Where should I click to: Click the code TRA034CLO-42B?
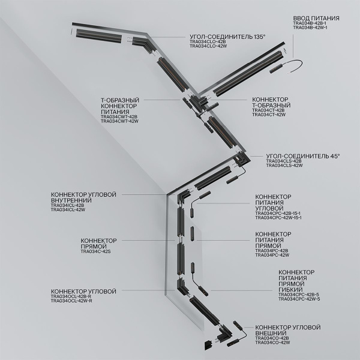[208, 41]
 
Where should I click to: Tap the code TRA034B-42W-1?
[311, 28]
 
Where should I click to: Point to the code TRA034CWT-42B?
[120, 117]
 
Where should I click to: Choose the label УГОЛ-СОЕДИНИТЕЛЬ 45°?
[302, 155]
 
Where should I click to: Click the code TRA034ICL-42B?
[68, 206]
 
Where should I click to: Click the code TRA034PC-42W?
[272, 255]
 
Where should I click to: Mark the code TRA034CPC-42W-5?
[299, 298]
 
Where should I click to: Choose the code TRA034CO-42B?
[272, 338]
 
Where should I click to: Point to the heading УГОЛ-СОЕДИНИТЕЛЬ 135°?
[227, 37]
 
